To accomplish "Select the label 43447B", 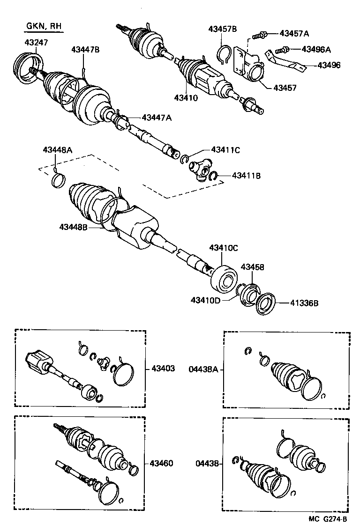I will point(85,49).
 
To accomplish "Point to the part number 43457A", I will point(294,33).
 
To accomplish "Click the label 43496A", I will point(316,49).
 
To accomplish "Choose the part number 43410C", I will point(224,247).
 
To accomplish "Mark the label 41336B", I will point(303,303).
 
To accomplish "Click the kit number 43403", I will point(163,369).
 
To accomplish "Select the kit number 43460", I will point(162,463).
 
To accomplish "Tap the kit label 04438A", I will point(203,369).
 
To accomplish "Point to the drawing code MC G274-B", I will point(328,519).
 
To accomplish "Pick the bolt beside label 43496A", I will point(281,50).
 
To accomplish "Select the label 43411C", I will point(225,150).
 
